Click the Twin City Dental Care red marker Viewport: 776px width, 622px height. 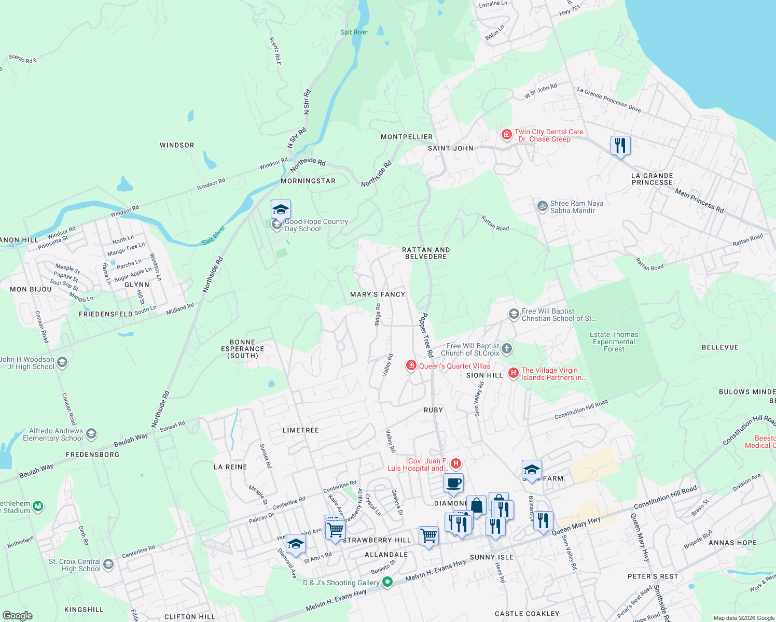[x=506, y=135]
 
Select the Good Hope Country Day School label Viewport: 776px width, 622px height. [x=316, y=225]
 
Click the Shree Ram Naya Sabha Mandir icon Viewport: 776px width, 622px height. [x=542, y=206]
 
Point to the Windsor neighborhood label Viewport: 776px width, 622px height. [x=177, y=145]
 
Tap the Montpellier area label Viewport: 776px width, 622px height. [x=407, y=137]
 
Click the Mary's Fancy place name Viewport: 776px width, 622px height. [x=377, y=294]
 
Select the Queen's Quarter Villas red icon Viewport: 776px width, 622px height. [x=411, y=366]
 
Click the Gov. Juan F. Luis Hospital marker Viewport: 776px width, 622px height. [x=455, y=463]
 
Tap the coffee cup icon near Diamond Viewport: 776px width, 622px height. [x=453, y=484]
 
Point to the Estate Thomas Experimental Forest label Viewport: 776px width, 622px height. [x=614, y=342]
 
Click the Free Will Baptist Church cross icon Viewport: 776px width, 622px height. [x=507, y=349]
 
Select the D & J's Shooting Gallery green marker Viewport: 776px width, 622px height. [x=387, y=583]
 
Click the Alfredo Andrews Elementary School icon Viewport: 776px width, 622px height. [x=91, y=434]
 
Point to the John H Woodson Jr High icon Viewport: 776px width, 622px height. [x=62, y=362]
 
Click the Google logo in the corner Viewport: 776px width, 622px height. [x=17, y=615]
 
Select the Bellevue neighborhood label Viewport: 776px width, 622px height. [x=719, y=347]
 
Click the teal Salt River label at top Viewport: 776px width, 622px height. [x=354, y=32]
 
